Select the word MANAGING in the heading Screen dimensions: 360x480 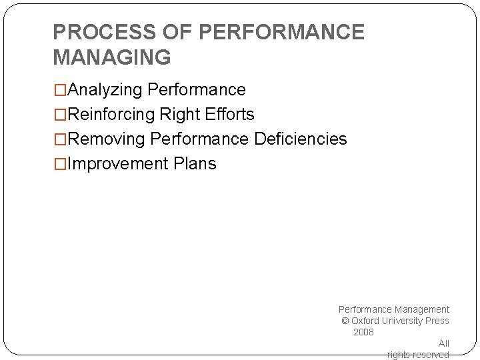[x=111, y=58]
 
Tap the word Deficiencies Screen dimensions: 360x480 [x=300, y=139]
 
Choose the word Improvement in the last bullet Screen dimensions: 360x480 [x=119, y=164]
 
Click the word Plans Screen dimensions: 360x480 [x=195, y=164]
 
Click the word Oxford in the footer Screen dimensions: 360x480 [x=366, y=321]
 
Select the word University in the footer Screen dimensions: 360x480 [x=403, y=321]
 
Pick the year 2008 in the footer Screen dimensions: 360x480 [x=363, y=332]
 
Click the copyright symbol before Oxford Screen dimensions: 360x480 [x=345, y=321]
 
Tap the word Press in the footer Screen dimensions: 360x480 [x=437, y=321]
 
